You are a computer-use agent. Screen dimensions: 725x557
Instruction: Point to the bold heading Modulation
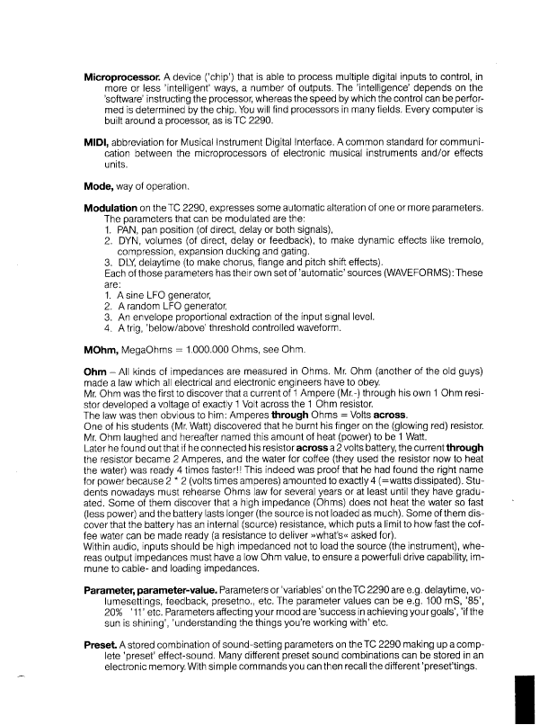(x=118, y=208)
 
